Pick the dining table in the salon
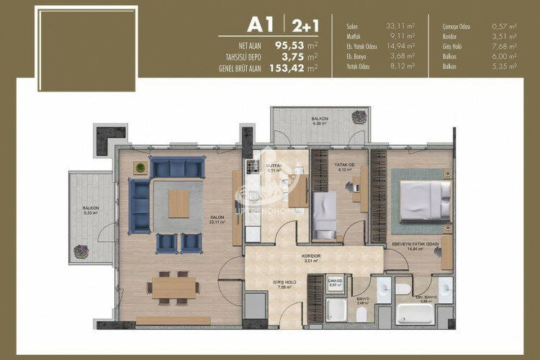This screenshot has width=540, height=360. click(x=173, y=287)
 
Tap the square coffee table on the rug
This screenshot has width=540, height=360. click(x=179, y=204)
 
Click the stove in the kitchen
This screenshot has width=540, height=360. click(x=252, y=167)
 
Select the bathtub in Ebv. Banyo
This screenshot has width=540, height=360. click(x=415, y=314)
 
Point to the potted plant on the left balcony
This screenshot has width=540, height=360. click(x=81, y=251)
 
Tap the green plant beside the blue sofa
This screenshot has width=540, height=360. click(x=138, y=168)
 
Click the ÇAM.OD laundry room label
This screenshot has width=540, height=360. click(x=335, y=282)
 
